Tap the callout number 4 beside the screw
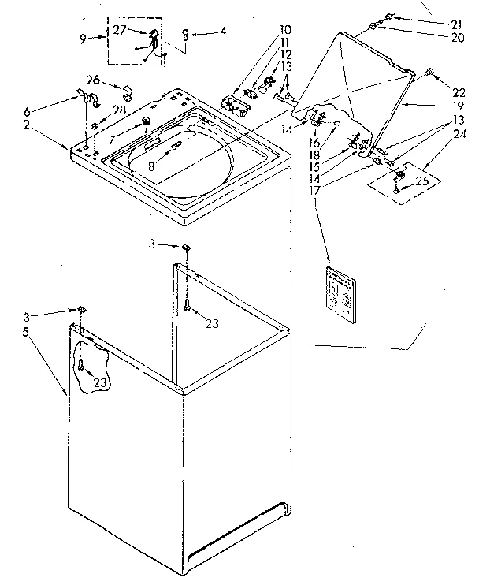click(223, 32)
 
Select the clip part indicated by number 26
click(124, 85)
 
